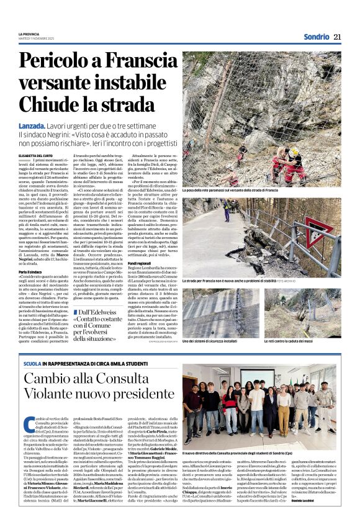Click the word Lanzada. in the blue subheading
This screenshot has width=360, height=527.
point(35,125)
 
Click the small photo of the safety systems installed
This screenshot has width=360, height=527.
point(221,313)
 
